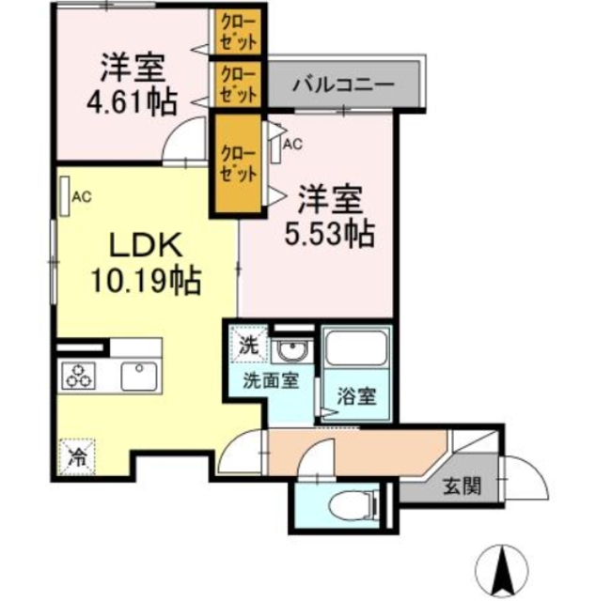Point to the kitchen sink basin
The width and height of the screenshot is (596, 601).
point(141,375)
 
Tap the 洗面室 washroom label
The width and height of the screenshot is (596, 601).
point(273,382)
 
